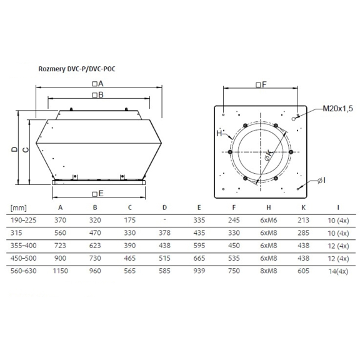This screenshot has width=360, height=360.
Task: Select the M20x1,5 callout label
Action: pos(338,109)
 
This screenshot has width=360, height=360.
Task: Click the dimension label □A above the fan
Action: pos(97,84)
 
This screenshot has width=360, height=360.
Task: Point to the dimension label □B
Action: pos(97,95)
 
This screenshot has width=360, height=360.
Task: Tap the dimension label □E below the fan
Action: pos(97,193)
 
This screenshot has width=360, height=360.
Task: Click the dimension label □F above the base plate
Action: pos(261,84)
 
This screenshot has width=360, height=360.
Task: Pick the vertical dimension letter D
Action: pos(13,149)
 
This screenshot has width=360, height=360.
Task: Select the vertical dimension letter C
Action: pos(25,149)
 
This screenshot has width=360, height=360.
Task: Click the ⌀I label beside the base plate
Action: pos(320,181)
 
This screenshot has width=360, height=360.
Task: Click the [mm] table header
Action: pos(18,207)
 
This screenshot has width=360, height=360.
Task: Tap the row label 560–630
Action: pos(22,271)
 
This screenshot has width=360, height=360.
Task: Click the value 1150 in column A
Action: pos(59,271)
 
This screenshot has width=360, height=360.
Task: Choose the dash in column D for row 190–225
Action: pos(164,219)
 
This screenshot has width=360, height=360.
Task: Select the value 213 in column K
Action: pos(302,219)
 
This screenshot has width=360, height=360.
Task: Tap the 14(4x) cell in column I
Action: pos(337,271)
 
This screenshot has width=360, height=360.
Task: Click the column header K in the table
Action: pos(302,207)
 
